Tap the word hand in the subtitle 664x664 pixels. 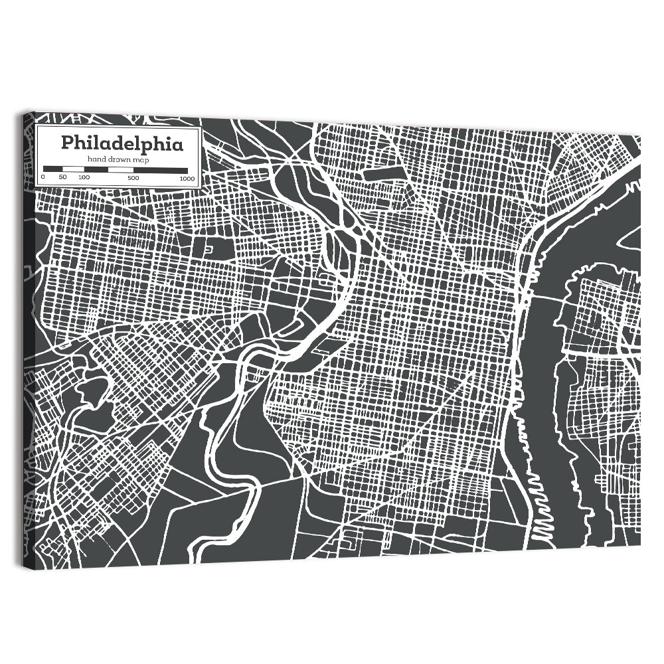(97, 159)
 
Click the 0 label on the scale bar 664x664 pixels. (43, 177)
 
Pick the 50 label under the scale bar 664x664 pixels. (62, 177)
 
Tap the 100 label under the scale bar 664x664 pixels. (84, 177)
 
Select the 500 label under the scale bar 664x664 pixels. (133, 177)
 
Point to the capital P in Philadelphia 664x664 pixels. (68, 143)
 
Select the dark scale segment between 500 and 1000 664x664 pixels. (160, 169)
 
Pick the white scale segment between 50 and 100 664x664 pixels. (73, 169)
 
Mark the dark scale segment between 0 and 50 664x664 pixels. (52, 169)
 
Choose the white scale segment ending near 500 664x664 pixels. (120, 169)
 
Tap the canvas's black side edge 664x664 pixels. (29, 332)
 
